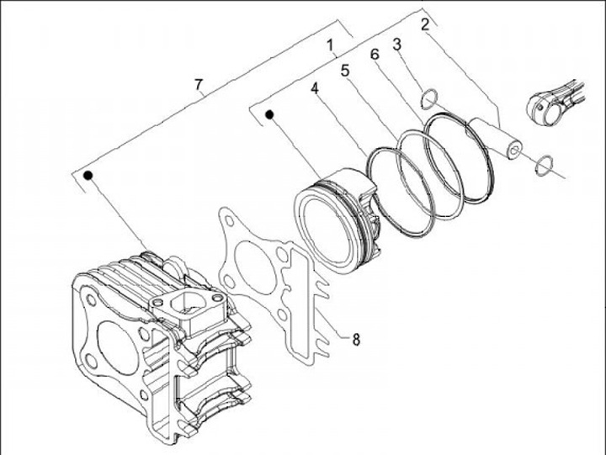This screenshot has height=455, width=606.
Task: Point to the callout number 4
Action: [x=313, y=87]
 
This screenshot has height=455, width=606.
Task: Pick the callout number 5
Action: [x=345, y=71]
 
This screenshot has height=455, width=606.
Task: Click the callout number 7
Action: [x=199, y=84]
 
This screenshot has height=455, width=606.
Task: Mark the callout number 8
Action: [x=356, y=340]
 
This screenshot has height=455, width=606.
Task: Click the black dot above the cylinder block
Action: [x=87, y=175]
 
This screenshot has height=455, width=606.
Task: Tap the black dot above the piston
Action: [x=270, y=114]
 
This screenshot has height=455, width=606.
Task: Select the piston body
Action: [x=337, y=221]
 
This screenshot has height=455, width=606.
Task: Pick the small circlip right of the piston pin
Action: [x=544, y=164]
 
